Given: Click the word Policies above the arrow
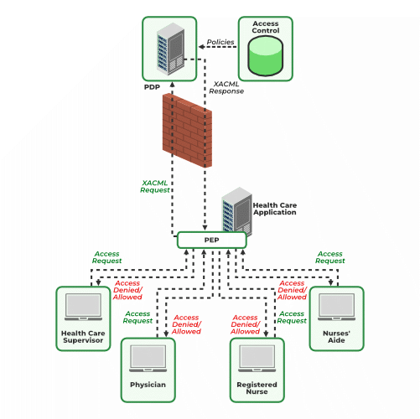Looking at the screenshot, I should tap(220, 41).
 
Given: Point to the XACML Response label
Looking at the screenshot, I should tap(228, 87).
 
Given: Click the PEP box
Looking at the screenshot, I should tap(211, 241).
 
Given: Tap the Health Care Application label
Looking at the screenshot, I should tap(274, 208).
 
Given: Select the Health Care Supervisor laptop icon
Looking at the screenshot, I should tap(84, 308).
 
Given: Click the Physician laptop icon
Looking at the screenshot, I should tap(148, 360).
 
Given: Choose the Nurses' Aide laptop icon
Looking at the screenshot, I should tap(336, 308).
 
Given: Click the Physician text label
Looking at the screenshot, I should tap(148, 385).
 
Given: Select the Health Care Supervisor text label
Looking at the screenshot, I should tap(84, 338).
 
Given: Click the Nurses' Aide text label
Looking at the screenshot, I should tap(336, 338).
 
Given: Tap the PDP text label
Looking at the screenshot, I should tap(151, 86).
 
